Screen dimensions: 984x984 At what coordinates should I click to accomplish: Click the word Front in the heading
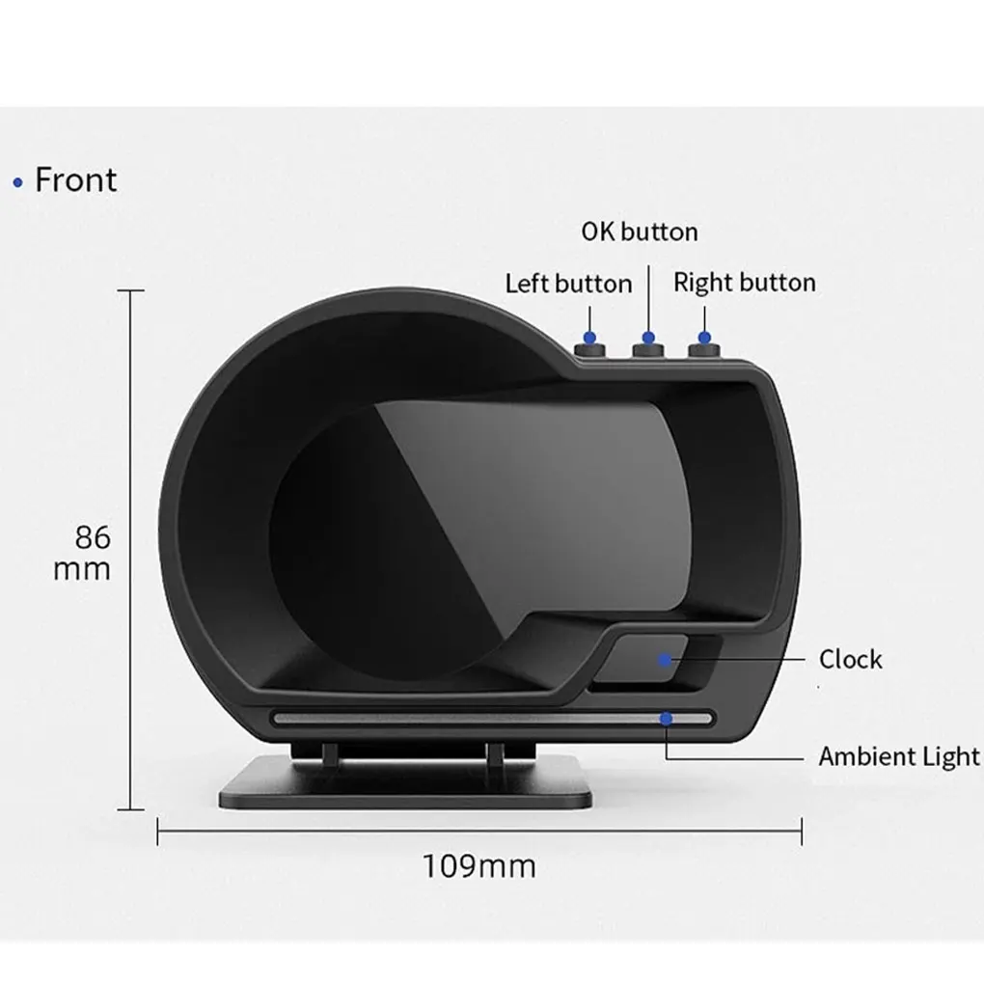pos(75,180)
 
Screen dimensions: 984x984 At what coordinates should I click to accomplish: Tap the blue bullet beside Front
pos(17,182)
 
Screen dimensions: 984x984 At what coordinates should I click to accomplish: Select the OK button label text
pos(639,232)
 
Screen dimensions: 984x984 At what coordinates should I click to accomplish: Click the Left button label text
pos(568,284)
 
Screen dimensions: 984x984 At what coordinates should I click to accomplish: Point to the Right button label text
pos(744,283)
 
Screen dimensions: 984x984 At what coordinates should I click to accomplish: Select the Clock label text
pos(850,660)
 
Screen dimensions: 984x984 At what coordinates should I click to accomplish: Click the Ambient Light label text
pos(899,756)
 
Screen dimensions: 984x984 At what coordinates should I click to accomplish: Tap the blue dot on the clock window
pos(665,660)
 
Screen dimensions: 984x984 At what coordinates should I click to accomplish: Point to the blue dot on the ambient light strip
pos(665,718)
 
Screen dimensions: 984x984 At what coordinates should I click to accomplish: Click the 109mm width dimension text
pos(478,865)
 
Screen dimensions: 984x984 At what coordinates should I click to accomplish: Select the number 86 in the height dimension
pos(93,537)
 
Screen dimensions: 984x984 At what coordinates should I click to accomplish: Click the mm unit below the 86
pos(82,569)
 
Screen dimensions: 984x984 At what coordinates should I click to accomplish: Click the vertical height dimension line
pos(130,434)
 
